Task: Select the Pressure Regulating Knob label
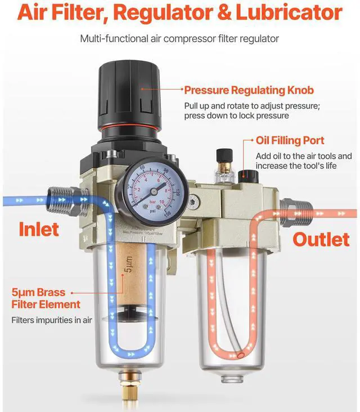pyautogui.click(x=249, y=90)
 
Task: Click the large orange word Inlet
pyautogui.click(x=39, y=229)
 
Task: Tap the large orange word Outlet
pyautogui.click(x=321, y=239)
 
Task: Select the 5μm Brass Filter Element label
pyautogui.click(x=46, y=299)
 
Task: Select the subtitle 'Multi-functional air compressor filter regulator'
pyautogui.click(x=180, y=39)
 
